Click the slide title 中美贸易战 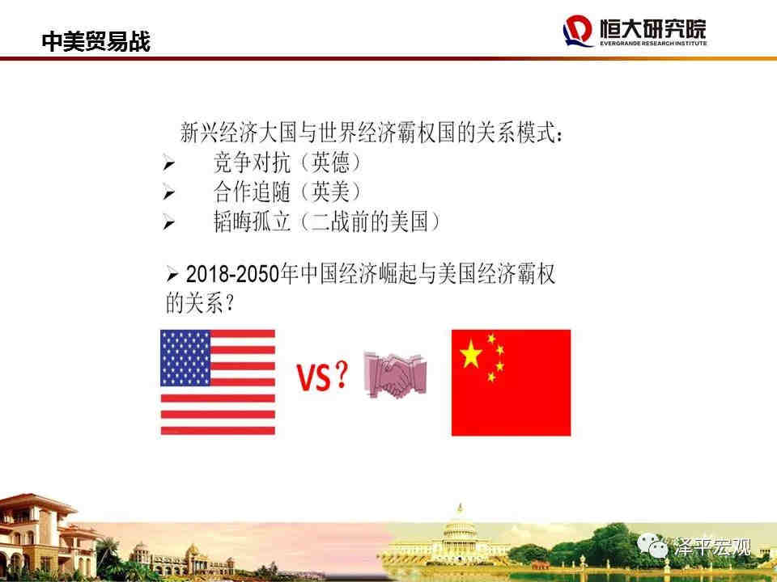click(x=96, y=41)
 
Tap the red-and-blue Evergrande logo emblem click(x=577, y=31)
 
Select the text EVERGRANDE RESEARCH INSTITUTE click(x=653, y=43)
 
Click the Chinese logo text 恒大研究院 click(x=652, y=28)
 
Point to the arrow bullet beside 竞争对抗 click(x=168, y=162)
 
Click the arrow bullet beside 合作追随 click(x=168, y=192)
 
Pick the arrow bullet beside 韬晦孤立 click(x=168, y=223)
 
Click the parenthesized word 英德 click(x=330, y=162)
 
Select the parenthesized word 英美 click(x=330, y=192)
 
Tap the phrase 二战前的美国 click(x=369, y=221)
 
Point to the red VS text click(x=314, y=377)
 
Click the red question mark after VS click(x=341, y=374)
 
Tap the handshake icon click(x=395, y=375)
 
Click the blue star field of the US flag click(x=185, y=358)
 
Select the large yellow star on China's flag click(x=471, y=354)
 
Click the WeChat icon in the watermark click(x=652, y=546)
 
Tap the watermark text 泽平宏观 click(x=712, y=547)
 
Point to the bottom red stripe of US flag click(x=218, y=431)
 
